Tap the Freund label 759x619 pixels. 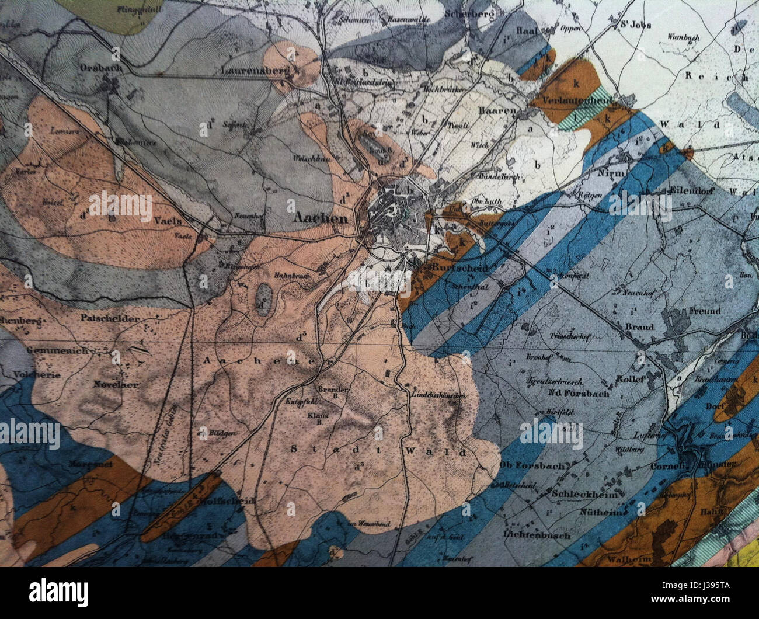click(x=705, y=311)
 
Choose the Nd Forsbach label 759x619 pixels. click(x=578, y=393)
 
